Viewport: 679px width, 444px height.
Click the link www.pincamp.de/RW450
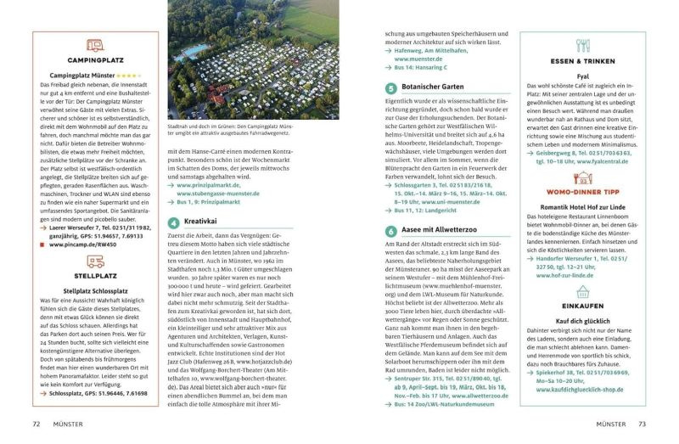click(79, 244)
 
